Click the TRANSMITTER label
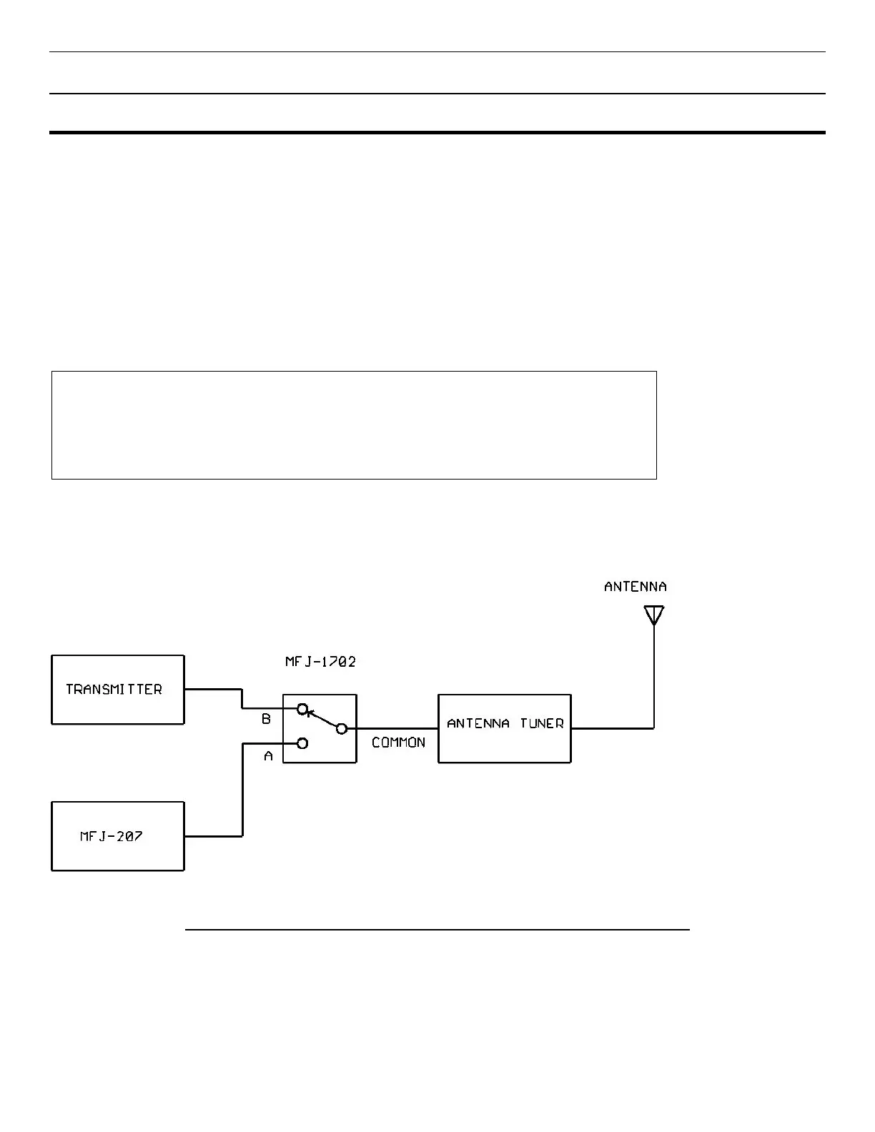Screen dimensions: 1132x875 114,690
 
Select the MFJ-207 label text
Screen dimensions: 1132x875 111,836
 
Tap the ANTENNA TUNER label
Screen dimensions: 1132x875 505,723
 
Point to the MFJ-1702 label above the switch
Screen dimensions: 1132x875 320,662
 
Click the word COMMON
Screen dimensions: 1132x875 398,743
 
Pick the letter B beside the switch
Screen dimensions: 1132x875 266,720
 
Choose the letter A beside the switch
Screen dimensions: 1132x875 268,756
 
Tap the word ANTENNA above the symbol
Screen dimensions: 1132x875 635,587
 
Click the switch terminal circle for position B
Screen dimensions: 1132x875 302,709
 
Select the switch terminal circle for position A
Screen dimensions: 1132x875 302,743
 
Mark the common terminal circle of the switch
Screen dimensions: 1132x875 342,728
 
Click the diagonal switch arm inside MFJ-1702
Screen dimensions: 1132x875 322,719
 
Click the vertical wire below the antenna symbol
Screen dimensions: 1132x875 653,679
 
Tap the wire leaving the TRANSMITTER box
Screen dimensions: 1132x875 213,689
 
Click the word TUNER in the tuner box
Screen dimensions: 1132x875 541,723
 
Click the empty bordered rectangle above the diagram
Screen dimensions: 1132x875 354,424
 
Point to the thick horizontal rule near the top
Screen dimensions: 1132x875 437,132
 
